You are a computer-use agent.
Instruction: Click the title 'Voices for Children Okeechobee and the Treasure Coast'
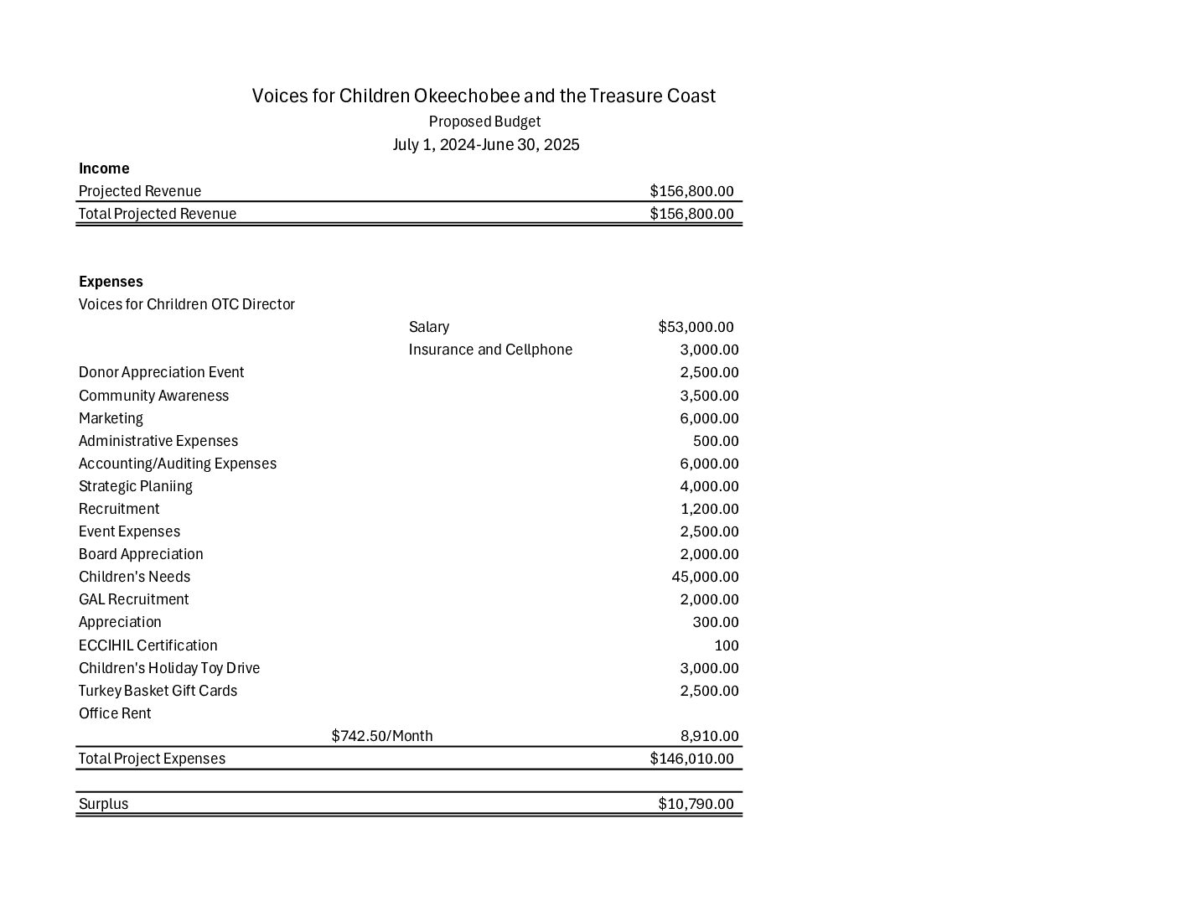pyautogui.click(x=484, y=96)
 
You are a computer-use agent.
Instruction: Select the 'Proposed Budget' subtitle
pyautogui.click(x=484, y=122)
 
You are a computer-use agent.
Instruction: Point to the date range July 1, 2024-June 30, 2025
pyautogui.click(x=486, y=145)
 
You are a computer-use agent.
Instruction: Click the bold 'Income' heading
pyautogui.click(x=104, y=168)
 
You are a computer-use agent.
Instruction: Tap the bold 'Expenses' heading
pyautogui.click(x=111, y=282)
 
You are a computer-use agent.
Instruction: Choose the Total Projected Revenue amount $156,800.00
pyautogui.click(x=691, y=214)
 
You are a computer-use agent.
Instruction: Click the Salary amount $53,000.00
pyautogui.click(x=696, y=327)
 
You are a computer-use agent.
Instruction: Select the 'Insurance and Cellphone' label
pyautogui.click(x=490, y=350)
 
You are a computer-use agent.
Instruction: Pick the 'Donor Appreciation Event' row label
pyautogui.click(x=162, y=372)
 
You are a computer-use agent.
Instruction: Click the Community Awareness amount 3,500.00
pyautogui.click(x=709, y=396)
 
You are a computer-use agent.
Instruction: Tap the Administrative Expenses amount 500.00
pyautogui.click(x=716, y=441)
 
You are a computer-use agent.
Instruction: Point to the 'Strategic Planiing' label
pyautogui.click(x=136, y=486)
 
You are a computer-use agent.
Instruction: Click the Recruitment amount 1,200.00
pyautogui.click(x=709, y=509)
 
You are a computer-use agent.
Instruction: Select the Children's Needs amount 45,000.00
pyautogui.click(x=705, y=577)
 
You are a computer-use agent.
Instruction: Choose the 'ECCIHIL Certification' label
pyautogui.click(x=148, y=645)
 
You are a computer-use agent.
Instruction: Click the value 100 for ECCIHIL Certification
pyautogui.click(x=727, y=645)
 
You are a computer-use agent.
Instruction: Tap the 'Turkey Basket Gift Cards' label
pyautogui.click(x=158, y=691)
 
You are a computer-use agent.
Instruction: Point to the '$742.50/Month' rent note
pyautogui.click(x=382, y=736)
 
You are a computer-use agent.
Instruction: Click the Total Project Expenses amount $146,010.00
pyautogui.click(x=691, y=759)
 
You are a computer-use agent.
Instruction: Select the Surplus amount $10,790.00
pyautogui.click(x=696, y=804)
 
